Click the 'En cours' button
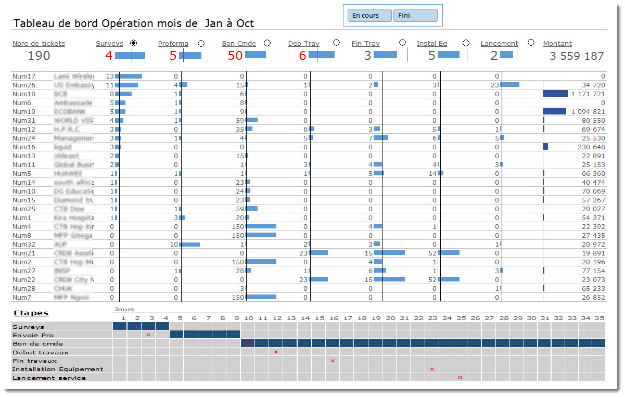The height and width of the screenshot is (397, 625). pyautogui.click(x=369, y=16)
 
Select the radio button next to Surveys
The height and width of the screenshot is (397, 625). pyautogui.click(x=134, y=43)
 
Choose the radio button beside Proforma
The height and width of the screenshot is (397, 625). pyautogui.click(x=201, y=43)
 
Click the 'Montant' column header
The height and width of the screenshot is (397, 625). pyautogui.click(x=557, y=44)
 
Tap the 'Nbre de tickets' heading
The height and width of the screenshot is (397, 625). pyautogui.click(x=39, y=44)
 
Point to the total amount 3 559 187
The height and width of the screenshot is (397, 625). pyautogui.click(x=577, y=56)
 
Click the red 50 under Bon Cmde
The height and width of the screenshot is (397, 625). pyautogui.click(x=235, y=56)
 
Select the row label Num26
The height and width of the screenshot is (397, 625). pyautogui.click(x=24, y=85)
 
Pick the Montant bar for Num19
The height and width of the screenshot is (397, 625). pyautogui.click(x=554, y=111)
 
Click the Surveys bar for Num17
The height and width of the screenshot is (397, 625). pyautogui.click(x=129, y=76)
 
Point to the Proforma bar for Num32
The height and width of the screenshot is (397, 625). pyautogui.click(x=190, y=244)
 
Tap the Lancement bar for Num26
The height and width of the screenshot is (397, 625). pyautogui.click(x=510, y=85)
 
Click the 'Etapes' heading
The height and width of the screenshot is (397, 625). pyautogui.click(x=31, y=313)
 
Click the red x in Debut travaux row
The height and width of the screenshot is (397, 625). pyautogui.click(x=276, y=352)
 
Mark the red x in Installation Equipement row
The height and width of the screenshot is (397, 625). pyautogui.click(x=432, y=369)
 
